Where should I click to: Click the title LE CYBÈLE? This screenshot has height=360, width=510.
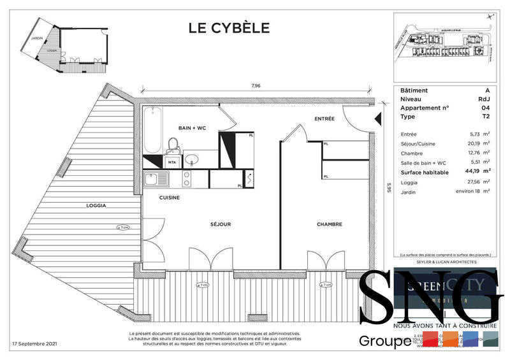pos(229,27)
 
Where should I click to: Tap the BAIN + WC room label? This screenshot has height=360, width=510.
pos(192,128)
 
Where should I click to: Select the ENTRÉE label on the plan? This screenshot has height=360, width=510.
pos(324,119)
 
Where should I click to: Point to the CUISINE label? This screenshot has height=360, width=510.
pos(169,198)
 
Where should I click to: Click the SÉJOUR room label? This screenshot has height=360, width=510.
pos(221,224)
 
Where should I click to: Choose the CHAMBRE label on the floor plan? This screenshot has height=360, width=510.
pos(330,224)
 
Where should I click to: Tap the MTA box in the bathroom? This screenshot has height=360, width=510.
pos(171,163)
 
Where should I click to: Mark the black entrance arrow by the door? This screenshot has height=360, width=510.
pos(379,118)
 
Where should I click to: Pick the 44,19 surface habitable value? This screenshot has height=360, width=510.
pos(471,171)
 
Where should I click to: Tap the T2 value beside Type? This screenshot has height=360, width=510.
pos(486,117)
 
